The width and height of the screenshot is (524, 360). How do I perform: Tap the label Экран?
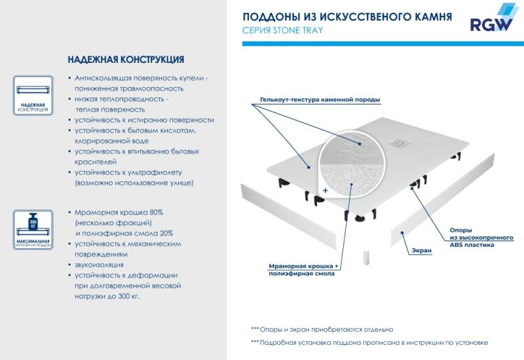click(421, 251)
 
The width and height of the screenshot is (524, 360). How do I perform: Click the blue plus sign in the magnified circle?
click(325, 189)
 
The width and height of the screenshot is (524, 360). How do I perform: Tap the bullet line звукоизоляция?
click(100, 264)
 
